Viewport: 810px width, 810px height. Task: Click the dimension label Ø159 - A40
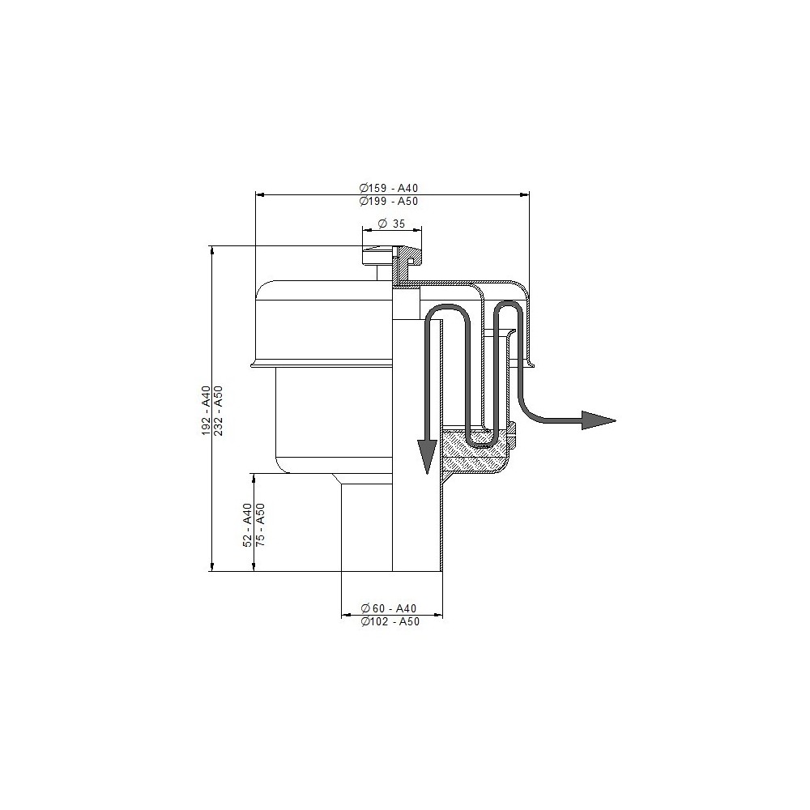(x=389, y=188)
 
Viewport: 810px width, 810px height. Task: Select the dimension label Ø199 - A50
(x=389, y=202)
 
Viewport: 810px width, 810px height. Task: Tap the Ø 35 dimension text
(x=391, y=224)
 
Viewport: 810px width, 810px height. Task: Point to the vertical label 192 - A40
(x=206, y=410)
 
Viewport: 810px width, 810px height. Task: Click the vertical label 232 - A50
(x=219, y=410)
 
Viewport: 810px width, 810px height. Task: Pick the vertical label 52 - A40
(x=247, y=525)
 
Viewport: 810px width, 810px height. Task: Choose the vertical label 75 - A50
(x=260, y=525)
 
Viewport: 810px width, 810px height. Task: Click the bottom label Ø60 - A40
(x=389, y=608)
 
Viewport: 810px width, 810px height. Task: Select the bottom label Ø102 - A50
(x=390, y=622)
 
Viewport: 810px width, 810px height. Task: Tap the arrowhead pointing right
(x=599, y=420)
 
